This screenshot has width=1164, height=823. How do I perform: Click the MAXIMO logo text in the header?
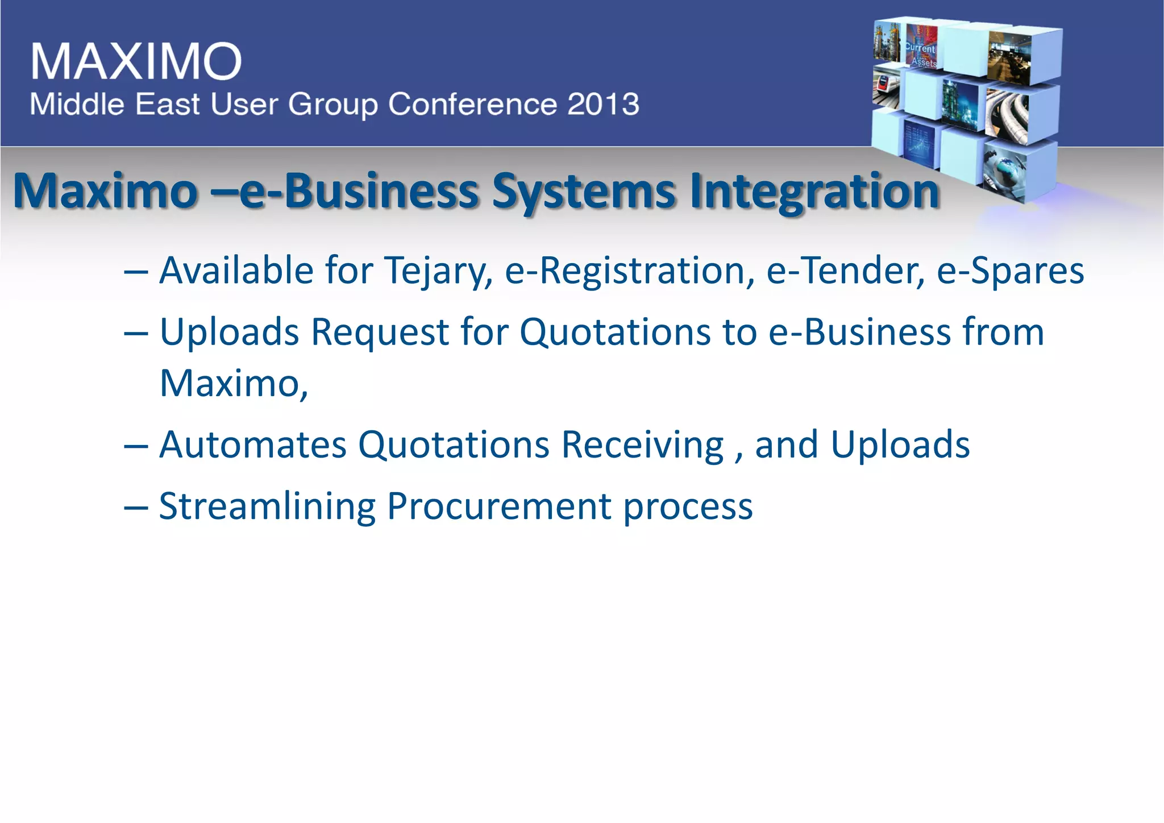(136, 61)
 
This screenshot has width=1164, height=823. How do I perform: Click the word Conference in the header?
(472, 105)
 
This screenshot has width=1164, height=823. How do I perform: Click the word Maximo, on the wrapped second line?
(234, 384)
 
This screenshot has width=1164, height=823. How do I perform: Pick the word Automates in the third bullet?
(253, 444)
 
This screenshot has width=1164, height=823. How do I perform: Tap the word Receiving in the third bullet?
(643, 444)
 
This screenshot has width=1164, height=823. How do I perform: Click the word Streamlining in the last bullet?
(267, 506)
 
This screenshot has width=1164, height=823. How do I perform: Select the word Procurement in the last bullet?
(499, 506)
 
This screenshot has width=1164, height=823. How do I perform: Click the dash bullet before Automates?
(136, 446)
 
